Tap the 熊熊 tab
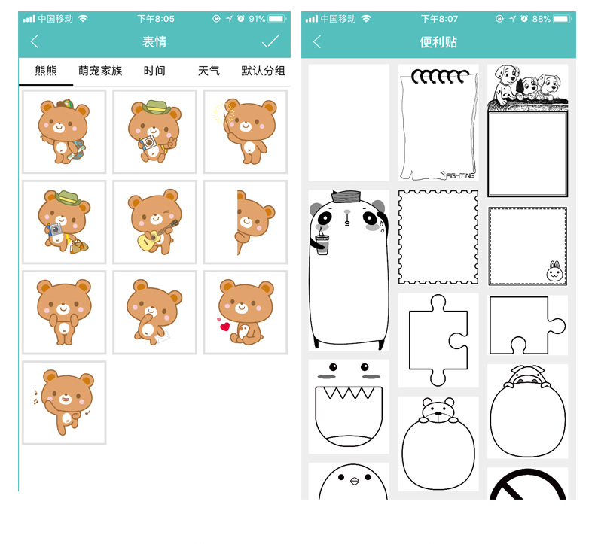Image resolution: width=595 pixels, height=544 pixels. (45, 71)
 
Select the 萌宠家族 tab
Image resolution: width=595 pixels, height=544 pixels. (100, 71)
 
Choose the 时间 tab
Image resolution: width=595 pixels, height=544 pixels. (154, 71)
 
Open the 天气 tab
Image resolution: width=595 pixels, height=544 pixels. (209, 71)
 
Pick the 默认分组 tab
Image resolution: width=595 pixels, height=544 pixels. (263, 71)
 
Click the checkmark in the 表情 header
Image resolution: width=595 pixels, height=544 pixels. (270, 41)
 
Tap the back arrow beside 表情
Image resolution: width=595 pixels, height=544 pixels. (35, 41)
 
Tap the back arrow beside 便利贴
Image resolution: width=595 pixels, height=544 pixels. (317, 41)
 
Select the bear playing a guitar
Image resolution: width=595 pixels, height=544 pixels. (155, 222)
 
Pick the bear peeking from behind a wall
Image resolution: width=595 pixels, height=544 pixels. (254, 222)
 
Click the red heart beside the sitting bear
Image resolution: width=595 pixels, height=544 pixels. (224, 327)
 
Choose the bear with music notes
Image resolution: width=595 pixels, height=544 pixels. (65, 403)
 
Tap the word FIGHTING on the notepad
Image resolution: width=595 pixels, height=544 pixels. (460, 175)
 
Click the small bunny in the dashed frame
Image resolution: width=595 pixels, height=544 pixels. (554, 271)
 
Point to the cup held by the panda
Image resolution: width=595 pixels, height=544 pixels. (322, 245)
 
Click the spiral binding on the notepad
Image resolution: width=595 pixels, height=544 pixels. (440, 76)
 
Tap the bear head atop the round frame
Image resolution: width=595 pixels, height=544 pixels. (438, 410)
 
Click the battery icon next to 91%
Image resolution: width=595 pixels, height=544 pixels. (277, 19)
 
